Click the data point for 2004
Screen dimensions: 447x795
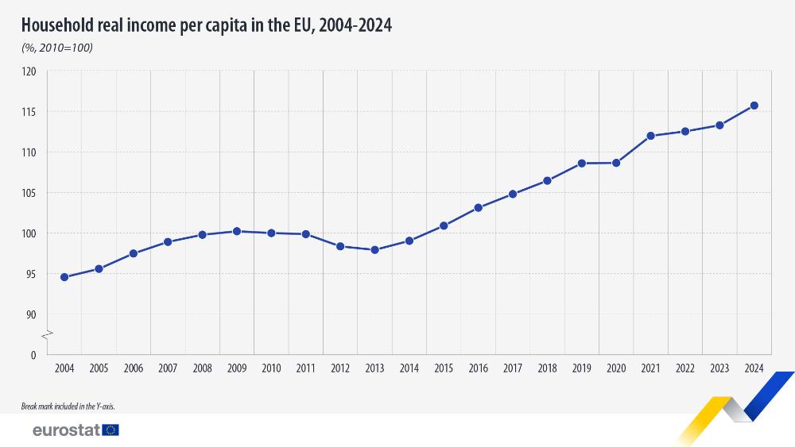64,277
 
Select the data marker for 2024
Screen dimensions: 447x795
754,106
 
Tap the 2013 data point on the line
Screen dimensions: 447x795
374,249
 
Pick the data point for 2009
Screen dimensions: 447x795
237,231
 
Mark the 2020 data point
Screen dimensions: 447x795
616,163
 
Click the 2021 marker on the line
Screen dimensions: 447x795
650,136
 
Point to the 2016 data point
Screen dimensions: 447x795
478,208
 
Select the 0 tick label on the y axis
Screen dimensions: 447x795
33,355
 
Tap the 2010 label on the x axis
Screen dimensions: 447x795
271,368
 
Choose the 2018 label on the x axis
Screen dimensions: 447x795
547,368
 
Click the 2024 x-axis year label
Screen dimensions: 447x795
754,368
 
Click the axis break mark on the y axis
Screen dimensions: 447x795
47,333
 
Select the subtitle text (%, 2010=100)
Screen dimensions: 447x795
57,48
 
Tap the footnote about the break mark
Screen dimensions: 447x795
73,406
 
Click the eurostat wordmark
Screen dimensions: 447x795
65,430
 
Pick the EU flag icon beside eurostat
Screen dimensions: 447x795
111,430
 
